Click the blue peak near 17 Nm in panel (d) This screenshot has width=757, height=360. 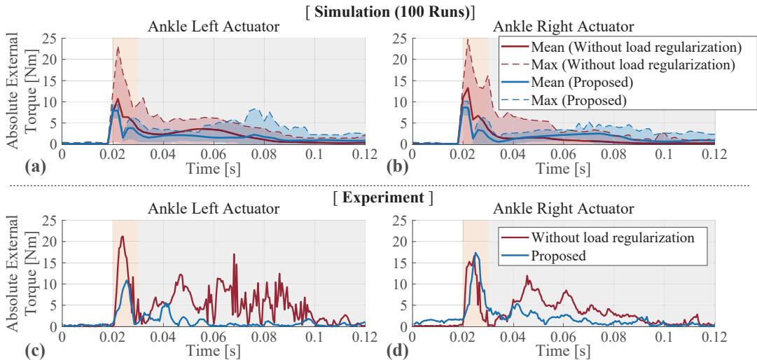tap(476, 253)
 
